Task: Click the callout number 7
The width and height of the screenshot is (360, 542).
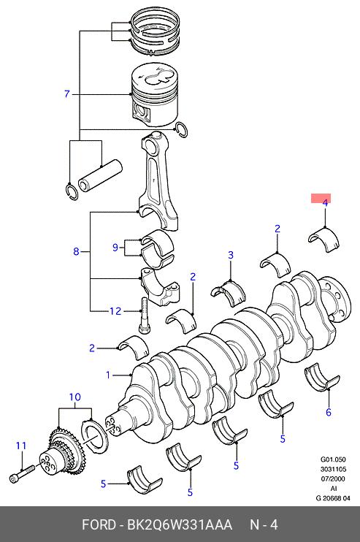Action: point(67,94)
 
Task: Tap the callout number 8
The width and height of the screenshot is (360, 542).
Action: point(77,251)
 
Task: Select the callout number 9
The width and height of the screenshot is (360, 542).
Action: point(115,248)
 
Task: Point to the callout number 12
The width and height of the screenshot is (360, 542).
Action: point(115,311)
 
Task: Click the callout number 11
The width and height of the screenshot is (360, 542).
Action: point(21,446)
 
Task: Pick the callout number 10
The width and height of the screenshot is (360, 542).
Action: point(74,397)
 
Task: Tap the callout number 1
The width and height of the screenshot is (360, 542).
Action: point(108,375)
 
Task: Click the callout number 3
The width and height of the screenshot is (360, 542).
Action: point(231,256)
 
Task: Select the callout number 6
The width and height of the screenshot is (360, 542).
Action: point(328,412)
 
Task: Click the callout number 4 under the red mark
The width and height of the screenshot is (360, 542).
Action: point(325,203)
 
